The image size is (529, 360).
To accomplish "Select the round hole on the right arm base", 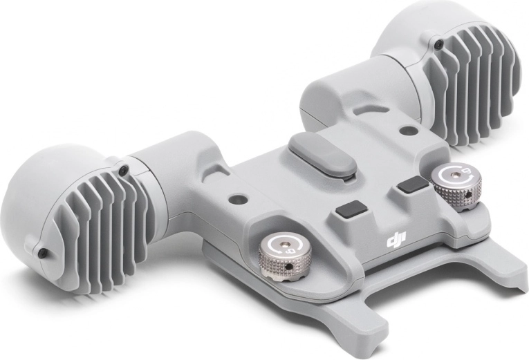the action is coord(406,130).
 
